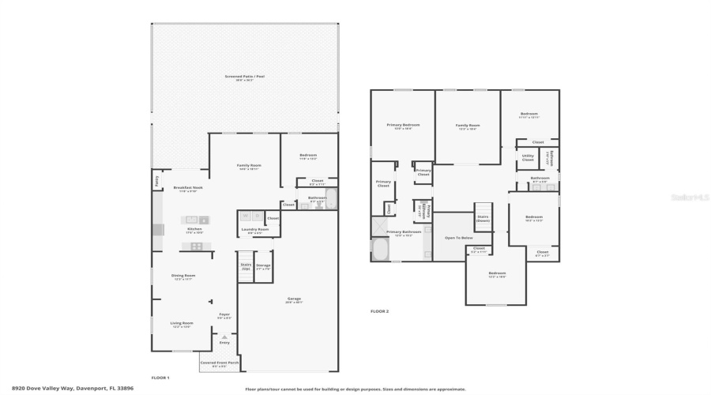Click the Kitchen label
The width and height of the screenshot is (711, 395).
point(194,231)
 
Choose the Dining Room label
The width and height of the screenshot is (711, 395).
point(183,276)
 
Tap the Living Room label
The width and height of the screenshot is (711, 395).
point(182,324)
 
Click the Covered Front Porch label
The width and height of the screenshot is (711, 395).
point(218,364)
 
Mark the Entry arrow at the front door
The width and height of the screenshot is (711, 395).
point(224,338)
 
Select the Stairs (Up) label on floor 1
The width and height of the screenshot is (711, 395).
point(246,266)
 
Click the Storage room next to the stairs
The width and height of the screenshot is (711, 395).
point(264,266)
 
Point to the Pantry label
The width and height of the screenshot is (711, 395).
point(156,181)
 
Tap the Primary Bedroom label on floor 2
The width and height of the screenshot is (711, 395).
point(403,126)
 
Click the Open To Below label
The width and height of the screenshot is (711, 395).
point(458,237)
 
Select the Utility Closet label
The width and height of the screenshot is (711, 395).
point(528,157)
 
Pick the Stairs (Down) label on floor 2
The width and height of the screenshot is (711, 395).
point(483,219)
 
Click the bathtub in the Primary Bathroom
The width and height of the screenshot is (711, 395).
point(379,252)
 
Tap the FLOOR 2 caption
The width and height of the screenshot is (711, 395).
point(380,311)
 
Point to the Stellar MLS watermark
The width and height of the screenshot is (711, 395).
point(690,197)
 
